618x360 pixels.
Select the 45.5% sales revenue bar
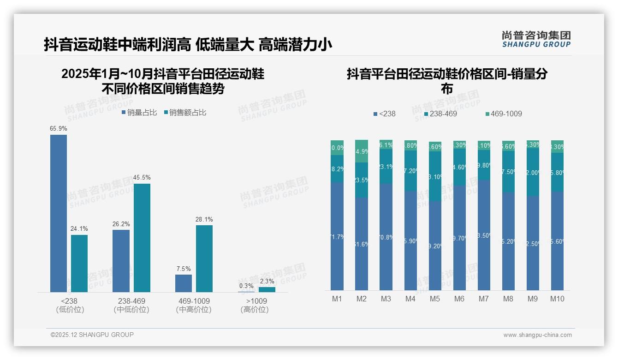pos(142,238)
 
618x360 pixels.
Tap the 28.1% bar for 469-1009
pos(204,258)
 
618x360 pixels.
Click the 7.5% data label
pos(183,269)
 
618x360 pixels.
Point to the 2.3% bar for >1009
pos(267,289)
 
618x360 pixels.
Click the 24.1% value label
pos(79,228)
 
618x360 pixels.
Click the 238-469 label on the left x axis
pos(131,301)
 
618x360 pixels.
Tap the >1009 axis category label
pos(255,301)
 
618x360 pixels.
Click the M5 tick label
pos(435,299)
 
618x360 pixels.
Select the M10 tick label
pos(557,299)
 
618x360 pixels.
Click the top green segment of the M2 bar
pos(362,151)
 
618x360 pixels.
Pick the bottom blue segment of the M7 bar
pos(484,235)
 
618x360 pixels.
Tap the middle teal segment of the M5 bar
pos(435,176)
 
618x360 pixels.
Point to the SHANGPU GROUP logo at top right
pos(536,39)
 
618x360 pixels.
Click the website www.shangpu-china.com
pos(537,335)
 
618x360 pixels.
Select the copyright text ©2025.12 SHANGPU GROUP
pos(92,335)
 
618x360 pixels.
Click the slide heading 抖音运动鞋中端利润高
pos(118,45)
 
